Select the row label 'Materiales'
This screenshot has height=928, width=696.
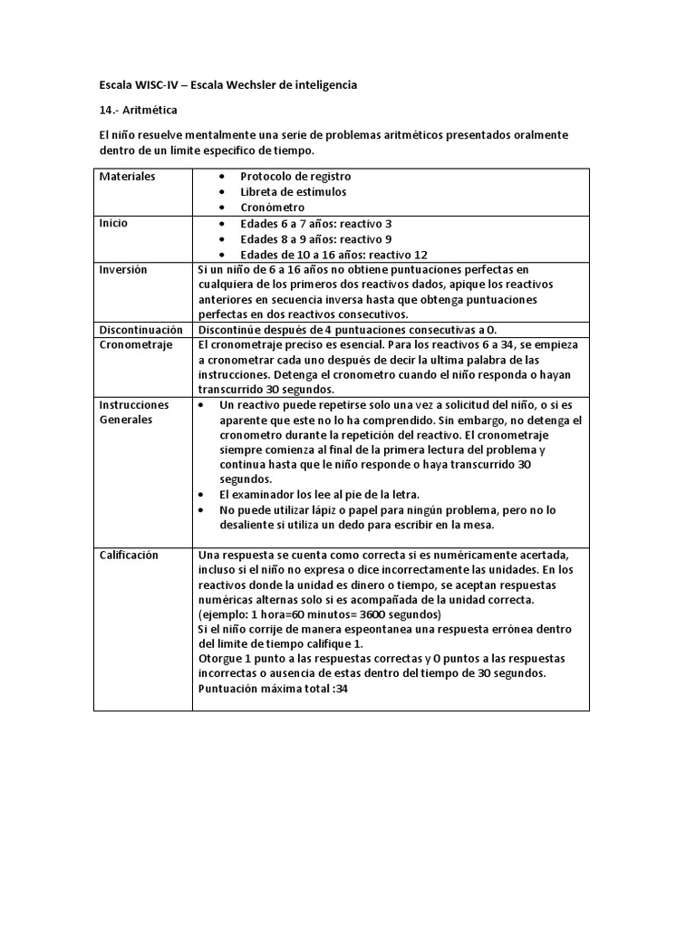(x=127, y=176)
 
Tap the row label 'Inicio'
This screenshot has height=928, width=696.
(x=113, y=223)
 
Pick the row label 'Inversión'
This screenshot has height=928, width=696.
(x=123, y=270)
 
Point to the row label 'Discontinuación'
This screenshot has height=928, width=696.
(x=140, y=331)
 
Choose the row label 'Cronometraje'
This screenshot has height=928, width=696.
(x=135, y=346)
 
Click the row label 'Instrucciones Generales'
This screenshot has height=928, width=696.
(x=133, y=412)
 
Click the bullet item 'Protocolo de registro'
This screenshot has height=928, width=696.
(x=295, y=176)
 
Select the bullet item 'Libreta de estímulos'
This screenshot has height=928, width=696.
(x=293, y=192)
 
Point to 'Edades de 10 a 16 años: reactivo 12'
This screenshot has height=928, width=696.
(x=333, y=255)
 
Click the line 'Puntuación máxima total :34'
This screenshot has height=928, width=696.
(x=272, y=689)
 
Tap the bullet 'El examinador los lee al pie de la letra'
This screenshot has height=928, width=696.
(x=319, y=495)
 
